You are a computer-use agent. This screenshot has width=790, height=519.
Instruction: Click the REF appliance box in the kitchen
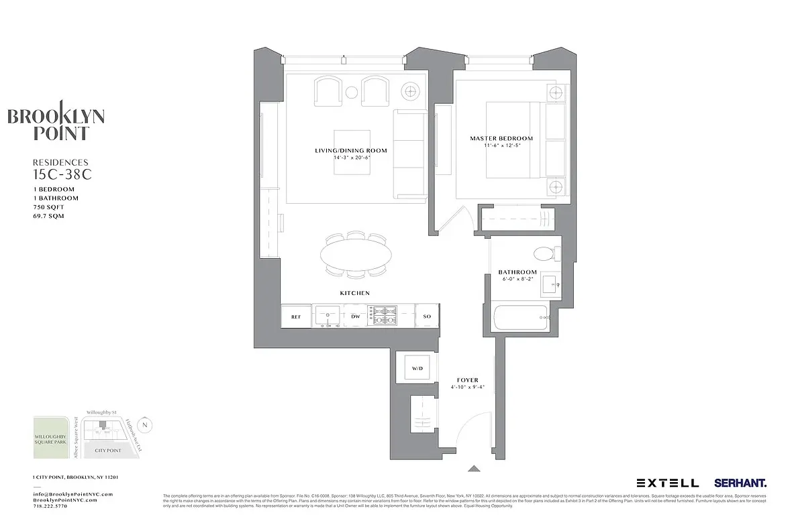click(x=296, y=316)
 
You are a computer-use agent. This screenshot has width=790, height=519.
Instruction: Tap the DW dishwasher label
click(x=355, y=316)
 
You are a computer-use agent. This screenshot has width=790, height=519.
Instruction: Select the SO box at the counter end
click(x=427, y=316)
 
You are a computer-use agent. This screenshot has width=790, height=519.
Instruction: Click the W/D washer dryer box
click(x=417, y=368)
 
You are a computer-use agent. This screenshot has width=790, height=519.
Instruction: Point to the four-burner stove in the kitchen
click(x=385, y=315)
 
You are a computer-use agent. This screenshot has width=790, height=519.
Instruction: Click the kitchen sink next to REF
click(x=329, y=315)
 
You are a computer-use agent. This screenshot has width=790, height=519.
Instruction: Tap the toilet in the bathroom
click(x=544, y=254)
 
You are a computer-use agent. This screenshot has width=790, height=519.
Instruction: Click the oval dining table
click(x=356, y=255)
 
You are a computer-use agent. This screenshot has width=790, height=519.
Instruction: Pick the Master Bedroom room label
click(x=497, y=139)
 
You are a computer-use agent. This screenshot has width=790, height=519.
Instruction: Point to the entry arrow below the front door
click(x=474, y=469)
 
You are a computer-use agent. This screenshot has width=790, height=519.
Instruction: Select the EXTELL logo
click(x=667, y=482)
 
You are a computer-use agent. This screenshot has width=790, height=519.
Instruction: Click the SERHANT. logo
click(x=740, y=482)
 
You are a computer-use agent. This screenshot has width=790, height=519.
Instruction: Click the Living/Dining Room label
click(x=351, y=150)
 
